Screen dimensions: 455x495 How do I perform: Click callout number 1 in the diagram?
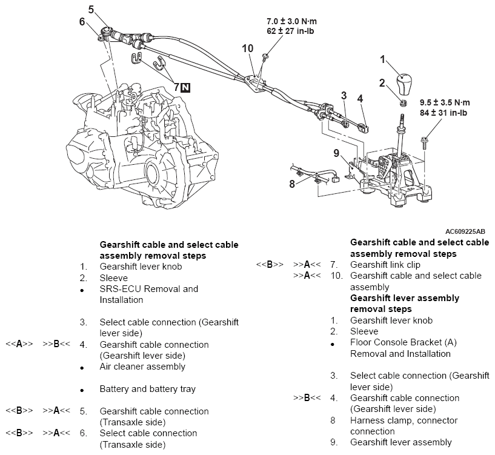(x=382, y=59)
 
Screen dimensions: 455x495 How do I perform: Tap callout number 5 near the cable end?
(x=91, y=10)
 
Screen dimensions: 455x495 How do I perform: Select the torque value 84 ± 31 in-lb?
(x=444, y=113)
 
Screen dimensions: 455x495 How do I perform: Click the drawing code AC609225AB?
(x=465, y=231)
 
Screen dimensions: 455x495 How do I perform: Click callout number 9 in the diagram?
(x=337, y=153)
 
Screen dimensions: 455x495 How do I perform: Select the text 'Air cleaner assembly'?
(x=142, y=367)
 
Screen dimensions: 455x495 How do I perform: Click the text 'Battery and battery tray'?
(x=147, y=389)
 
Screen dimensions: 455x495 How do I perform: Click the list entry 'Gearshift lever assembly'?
(x=401, y=442)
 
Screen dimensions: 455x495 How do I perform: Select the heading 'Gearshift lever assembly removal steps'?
(x=405, y=304)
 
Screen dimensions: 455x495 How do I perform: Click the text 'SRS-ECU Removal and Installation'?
(x=148, y=294)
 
